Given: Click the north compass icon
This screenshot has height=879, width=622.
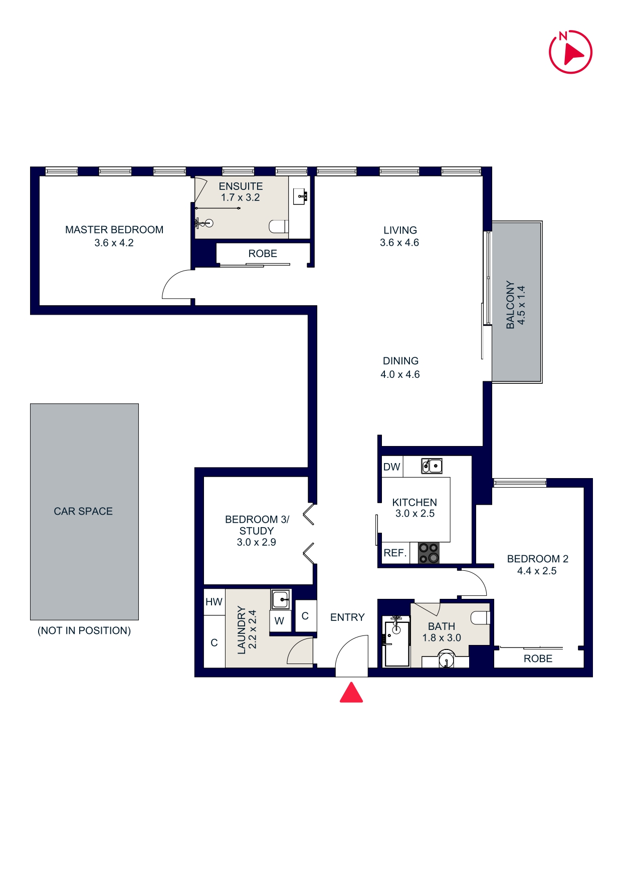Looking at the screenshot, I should point(570,52).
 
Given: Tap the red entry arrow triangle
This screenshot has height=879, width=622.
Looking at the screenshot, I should point(351,693).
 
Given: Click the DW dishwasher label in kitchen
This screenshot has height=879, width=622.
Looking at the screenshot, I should point(392,467).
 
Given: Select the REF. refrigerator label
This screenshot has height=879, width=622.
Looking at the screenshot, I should point(395,553).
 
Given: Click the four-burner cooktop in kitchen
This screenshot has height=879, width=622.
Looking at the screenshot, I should point(429,553).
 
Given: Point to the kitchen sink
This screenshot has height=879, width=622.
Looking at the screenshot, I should point(432,466).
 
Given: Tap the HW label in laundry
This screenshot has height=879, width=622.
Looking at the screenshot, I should point(214,602).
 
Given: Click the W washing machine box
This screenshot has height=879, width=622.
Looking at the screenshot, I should point(280,621).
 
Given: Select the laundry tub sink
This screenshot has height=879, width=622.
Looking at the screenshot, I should point(281,599).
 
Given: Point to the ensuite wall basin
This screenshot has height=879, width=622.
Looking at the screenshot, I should point(301,196).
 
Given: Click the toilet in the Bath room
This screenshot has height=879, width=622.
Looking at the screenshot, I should point(481,618).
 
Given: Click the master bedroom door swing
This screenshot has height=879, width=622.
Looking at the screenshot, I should point(176,286).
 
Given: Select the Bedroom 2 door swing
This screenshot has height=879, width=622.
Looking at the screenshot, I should point(474,583).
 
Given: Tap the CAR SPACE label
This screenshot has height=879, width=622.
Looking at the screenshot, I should point(83,511).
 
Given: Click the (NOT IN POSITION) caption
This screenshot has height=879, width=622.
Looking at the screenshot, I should point(84,630).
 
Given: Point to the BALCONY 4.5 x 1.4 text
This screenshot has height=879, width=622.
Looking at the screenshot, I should point(516,304).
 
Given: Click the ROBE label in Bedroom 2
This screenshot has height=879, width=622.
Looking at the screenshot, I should point(538,658).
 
